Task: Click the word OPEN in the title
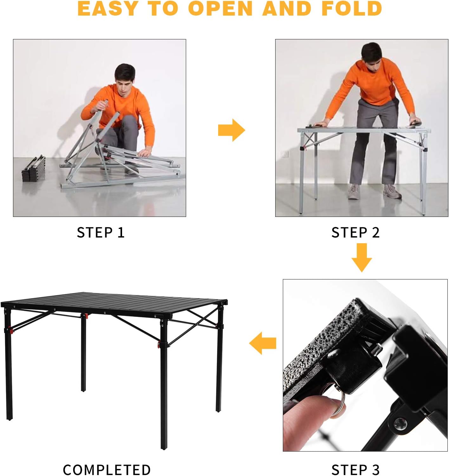tap(221, 9)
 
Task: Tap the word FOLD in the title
tap(352, 9)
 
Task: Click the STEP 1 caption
tap(101, 232)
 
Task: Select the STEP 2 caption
tap(355, 232)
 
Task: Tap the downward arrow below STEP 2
tap(361, 258)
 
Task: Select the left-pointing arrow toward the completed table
tap(263, 343)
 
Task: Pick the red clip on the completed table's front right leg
tap(159, 345)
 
